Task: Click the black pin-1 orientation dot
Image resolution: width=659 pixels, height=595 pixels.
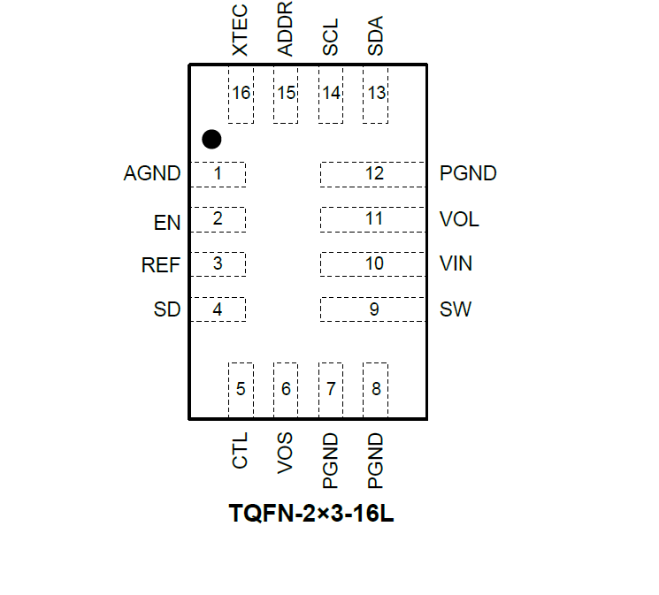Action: (211, 139)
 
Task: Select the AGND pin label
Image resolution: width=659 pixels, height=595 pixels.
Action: (152, 173)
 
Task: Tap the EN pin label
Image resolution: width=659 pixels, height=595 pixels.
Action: (166, 223)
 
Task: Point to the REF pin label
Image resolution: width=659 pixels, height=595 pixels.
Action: (161, 264)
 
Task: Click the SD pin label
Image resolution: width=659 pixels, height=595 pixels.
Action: (166, 309)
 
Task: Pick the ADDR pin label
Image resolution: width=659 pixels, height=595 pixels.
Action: (285, 29)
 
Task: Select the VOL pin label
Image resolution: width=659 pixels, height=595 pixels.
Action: (459, 219)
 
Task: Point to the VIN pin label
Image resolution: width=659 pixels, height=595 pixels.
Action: (456, 263)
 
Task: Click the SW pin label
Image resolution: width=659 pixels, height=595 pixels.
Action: (456, 309)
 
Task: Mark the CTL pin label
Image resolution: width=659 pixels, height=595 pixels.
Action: (240, 451)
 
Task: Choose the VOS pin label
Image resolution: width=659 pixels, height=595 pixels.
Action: (285, 454)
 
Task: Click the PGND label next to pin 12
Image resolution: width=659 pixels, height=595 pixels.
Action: (468, 173)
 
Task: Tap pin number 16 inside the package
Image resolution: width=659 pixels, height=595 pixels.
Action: (240, 94)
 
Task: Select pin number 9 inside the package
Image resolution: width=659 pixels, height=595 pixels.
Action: (374, 309)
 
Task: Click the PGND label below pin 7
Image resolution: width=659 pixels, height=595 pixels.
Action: (331, 461)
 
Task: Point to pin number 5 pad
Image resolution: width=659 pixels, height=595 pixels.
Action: (241, 389)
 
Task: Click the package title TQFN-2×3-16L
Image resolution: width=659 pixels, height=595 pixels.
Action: (311, 514)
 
